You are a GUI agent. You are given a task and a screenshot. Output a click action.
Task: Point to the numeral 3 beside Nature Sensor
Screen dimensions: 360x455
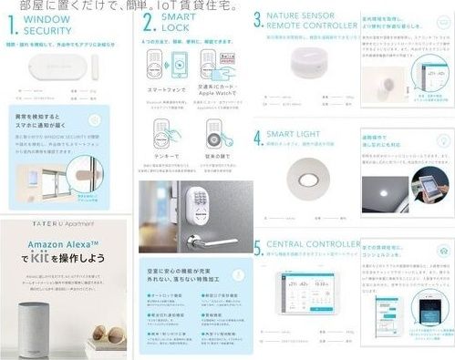pos(259,19)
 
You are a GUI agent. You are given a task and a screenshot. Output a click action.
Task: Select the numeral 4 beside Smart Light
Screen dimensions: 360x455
pos(259,139)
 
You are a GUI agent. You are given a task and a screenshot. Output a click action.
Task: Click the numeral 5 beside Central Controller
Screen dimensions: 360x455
pos(259,248)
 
